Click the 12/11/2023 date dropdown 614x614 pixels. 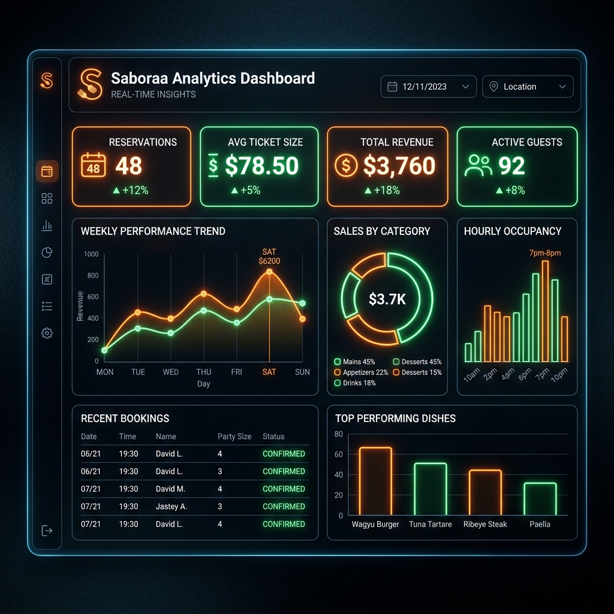pos(428,86)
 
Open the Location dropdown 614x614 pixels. pos(528,86)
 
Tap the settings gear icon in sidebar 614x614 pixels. pos(47,333)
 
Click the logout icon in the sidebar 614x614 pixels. pos(47,531)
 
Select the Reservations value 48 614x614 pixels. pos(129,165)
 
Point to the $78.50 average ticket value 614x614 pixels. pos(261,165)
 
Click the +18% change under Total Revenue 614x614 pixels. pos(382,190)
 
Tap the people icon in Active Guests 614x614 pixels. pos(478,165)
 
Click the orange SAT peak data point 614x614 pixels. pos(269,272)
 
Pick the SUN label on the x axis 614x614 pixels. pos(302,372)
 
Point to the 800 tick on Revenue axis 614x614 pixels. pos(93,276)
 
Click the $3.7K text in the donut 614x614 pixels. pos(387,299)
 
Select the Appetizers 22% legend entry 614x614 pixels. pos(361,372)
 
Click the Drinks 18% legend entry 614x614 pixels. pos(355,383)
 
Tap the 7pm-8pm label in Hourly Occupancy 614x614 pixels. pos(545,253)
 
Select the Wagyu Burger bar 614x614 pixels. pos(375,481)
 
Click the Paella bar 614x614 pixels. pos(540,499)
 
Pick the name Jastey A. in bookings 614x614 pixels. pos(171,507)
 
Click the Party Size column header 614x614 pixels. pos(234,437)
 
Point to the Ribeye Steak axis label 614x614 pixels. pos(485,524)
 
